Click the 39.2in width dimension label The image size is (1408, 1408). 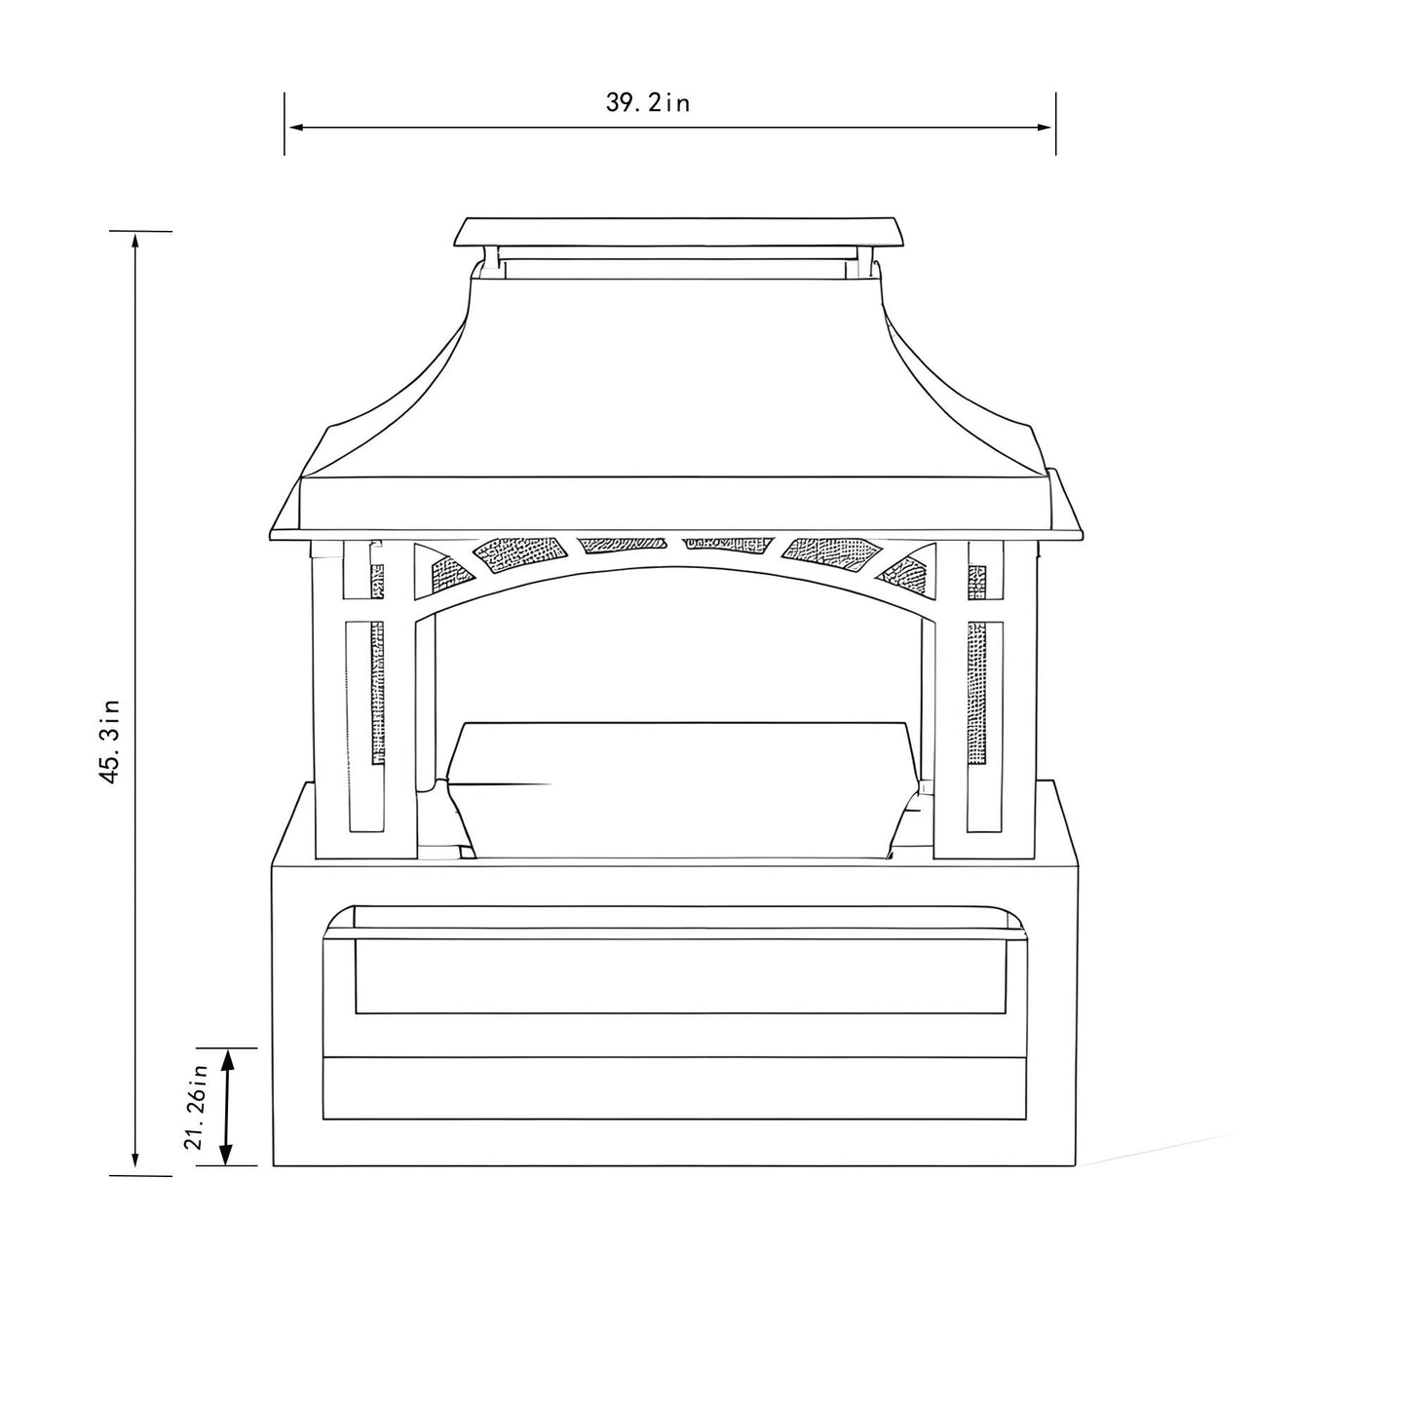(648, 102)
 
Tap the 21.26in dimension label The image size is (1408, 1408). (199, 1107)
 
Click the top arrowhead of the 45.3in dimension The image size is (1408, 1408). (135, 241)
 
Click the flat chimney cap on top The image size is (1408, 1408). (678, 232)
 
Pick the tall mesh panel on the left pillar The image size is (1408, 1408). (376, 692)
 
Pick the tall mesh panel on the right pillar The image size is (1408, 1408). (976, 692)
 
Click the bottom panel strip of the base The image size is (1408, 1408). (674, 1087)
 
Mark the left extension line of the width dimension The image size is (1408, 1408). (285, 124)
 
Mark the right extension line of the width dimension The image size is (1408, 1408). (1055, 124)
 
